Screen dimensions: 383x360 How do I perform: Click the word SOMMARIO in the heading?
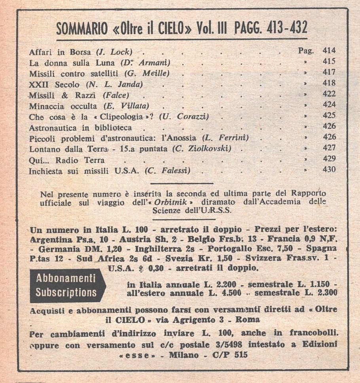click(81, 29)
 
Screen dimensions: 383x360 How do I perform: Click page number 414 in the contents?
click(329, 51)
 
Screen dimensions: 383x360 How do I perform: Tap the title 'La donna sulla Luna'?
click(73, 62)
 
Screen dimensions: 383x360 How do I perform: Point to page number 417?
click(329, 72)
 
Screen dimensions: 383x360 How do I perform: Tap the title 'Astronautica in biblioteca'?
click(80, 128)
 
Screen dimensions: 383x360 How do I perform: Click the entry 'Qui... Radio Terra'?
click(67, 160)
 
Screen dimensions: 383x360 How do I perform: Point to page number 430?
click(329, 170)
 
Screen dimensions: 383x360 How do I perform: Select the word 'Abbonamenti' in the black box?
click(66, 278)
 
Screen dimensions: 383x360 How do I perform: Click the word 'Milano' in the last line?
click(184, 355)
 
